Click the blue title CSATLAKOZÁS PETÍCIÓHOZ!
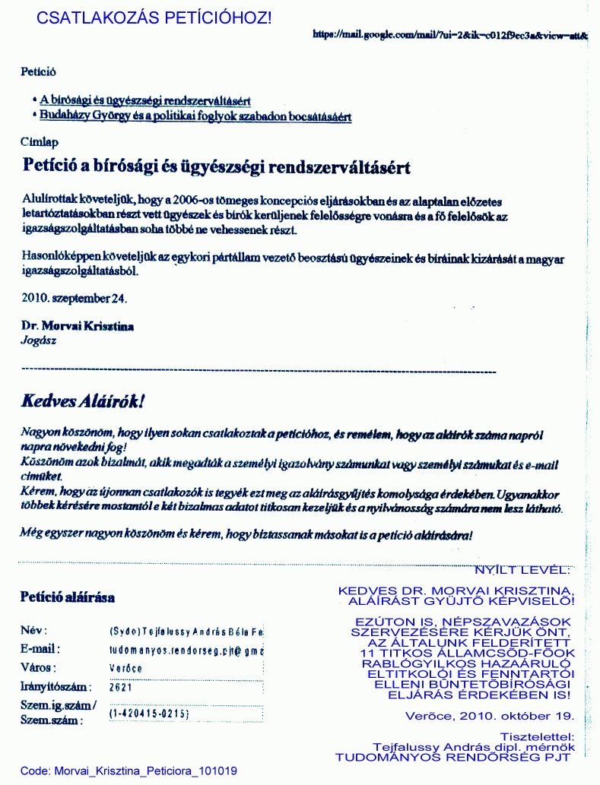(x=154, y=17)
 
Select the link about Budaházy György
(x=195, y=116)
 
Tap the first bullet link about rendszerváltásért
(x=146, y=100)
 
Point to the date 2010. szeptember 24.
(x=75, y=297)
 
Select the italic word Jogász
(x=38, y=340)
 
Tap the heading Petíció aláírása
(x=67, y=597)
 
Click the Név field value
(x=186, y=632)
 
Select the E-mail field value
(x=186, y=650)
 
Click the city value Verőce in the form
(x=125, y=668)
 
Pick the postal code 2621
(x=120, y=686)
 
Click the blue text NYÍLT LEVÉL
(x=521, y=568)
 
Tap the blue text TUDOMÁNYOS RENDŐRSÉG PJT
(x=453, y=757)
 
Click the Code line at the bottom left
(x=128, y=771)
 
